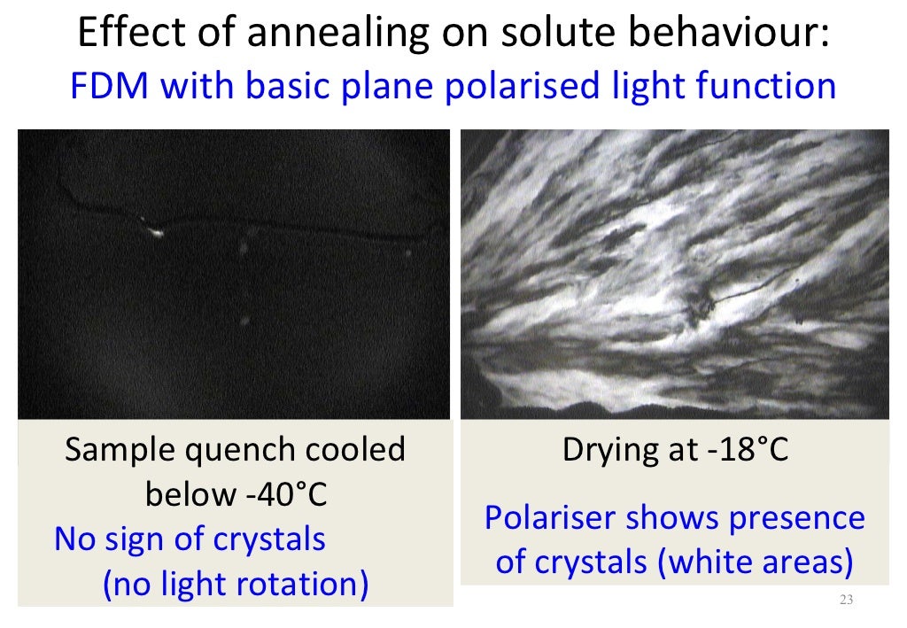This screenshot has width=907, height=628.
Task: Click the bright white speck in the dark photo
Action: (x=157, y=233)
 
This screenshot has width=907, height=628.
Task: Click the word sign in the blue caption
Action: (x=150, y=539)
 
